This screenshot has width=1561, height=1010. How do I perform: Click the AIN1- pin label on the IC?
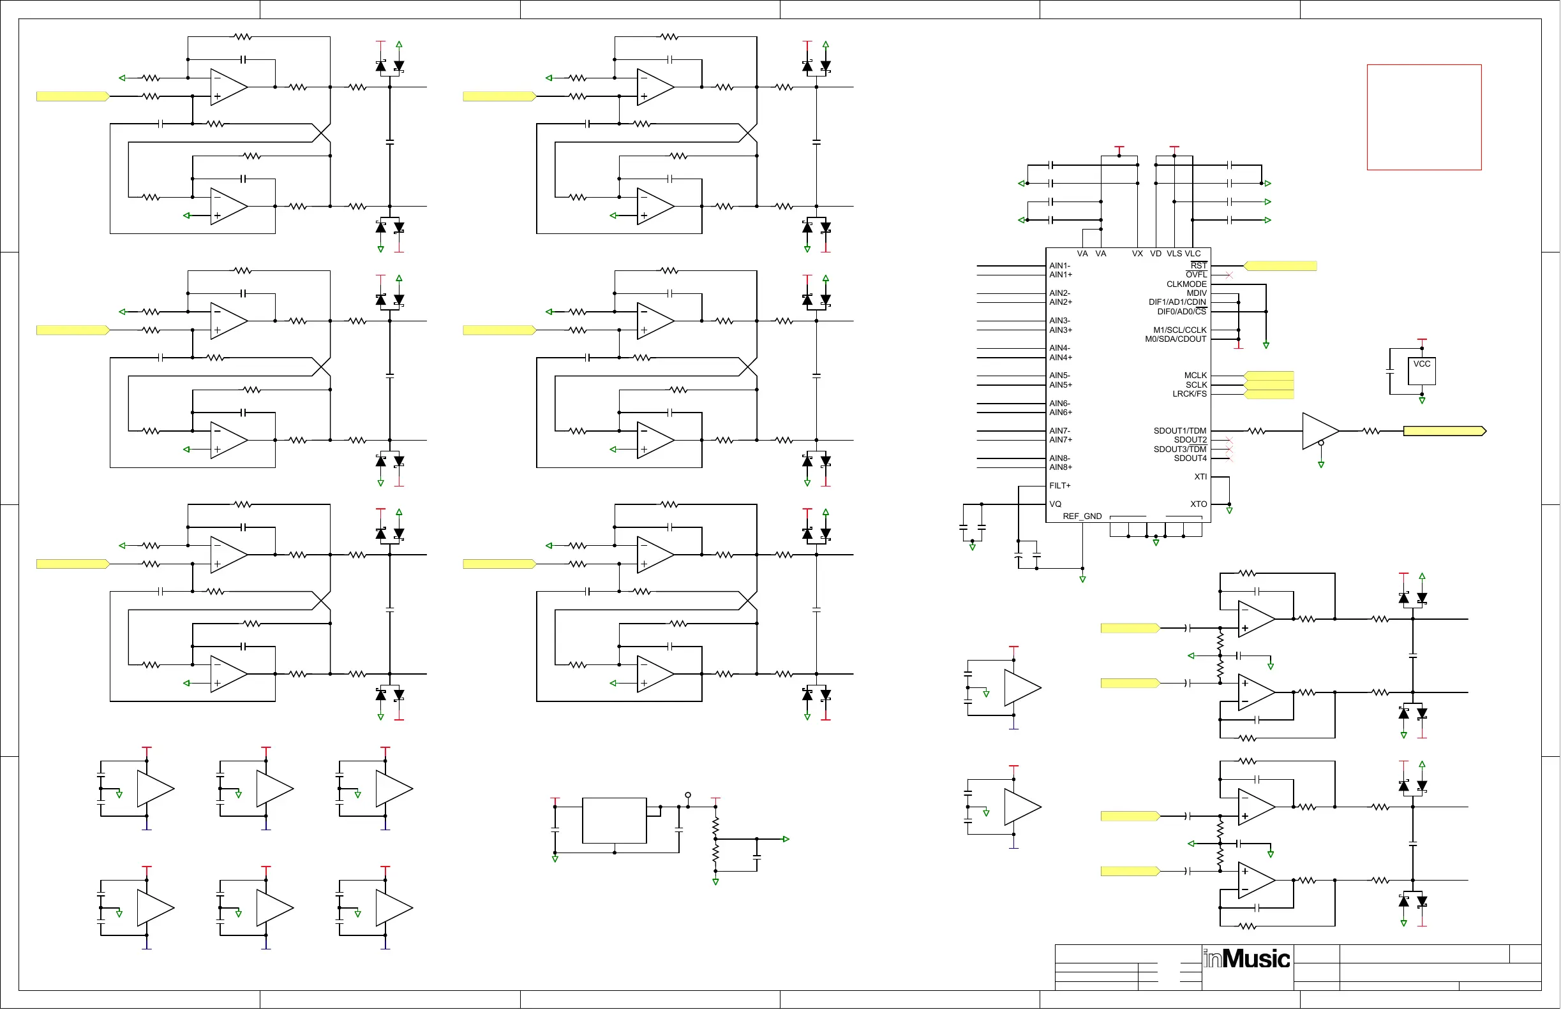[1059, 265]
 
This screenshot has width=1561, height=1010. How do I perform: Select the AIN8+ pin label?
[1061, 467]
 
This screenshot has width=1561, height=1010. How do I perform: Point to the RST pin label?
[1199, 265]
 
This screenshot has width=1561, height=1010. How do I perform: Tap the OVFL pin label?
[1196, 275]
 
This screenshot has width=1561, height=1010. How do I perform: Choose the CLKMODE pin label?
[1186, 284]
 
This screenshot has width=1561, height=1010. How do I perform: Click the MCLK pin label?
[1195, 376]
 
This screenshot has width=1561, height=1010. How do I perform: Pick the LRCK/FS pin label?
[1189, 394]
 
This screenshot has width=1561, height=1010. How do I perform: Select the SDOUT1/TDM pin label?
[1179, 430]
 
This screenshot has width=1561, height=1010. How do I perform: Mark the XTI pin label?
[1200, 476]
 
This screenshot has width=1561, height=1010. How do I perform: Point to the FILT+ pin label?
[1060, 486]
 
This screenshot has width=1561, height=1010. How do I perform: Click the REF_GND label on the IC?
[1082, 516]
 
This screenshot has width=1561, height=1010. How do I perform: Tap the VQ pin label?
[1056, 504]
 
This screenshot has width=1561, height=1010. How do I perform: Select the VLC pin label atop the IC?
[1192, 254]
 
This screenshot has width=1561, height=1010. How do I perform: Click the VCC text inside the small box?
[1422, 363]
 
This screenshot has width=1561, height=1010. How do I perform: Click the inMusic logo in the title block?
[1246, 959]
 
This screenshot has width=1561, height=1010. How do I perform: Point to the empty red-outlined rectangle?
[1424, 117]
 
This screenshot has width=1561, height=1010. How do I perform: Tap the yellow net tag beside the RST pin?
[1280, 265]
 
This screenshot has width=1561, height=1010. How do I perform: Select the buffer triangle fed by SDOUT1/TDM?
[1318, 430]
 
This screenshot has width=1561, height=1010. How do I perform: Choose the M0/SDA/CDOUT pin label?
[1176, 339]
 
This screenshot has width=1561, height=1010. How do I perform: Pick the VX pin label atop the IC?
[1137, 254]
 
